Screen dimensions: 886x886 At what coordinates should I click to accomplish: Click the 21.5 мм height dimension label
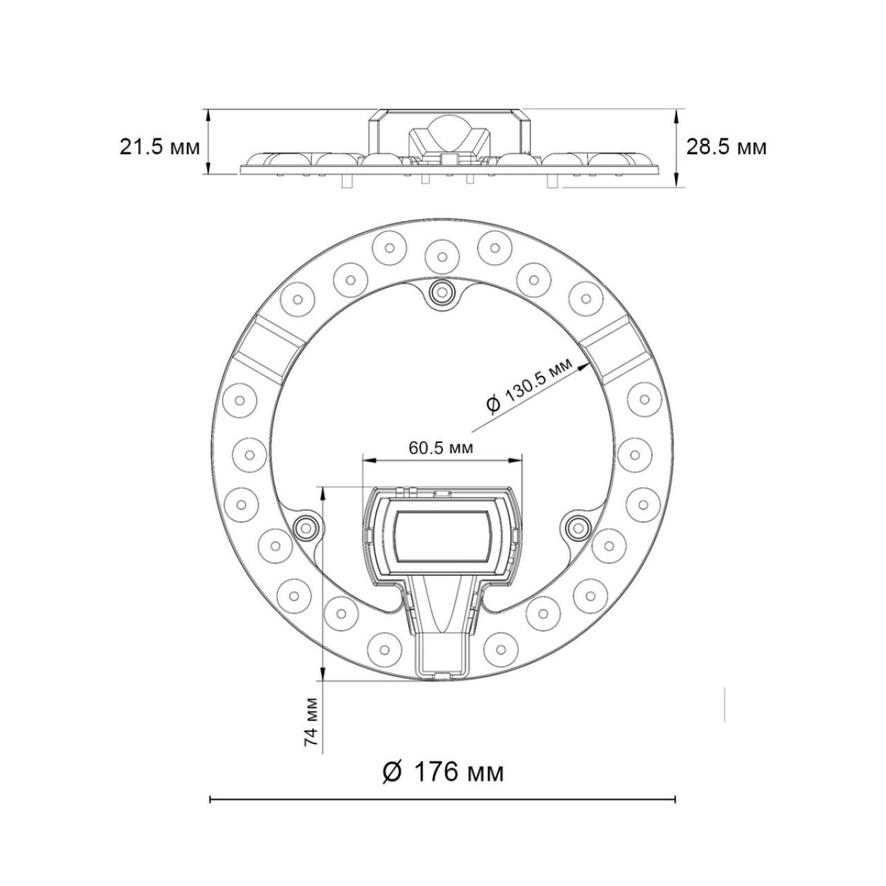pyautogui.click(x=159, y=147)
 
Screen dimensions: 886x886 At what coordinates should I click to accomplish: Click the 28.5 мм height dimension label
pyautogui.click(x=727, y=147)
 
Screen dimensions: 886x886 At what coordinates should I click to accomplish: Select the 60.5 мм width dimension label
pyautogui.click(x=441, y=447)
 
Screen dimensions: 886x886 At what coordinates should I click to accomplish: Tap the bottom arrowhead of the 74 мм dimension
pyautogui.click(x=323, y=675)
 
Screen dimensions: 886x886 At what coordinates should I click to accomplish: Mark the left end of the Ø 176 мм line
pyautogui.click(x=211, y=799)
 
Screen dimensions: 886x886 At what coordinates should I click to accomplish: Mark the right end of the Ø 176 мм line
pyautogui.click(x=676, y=799)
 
